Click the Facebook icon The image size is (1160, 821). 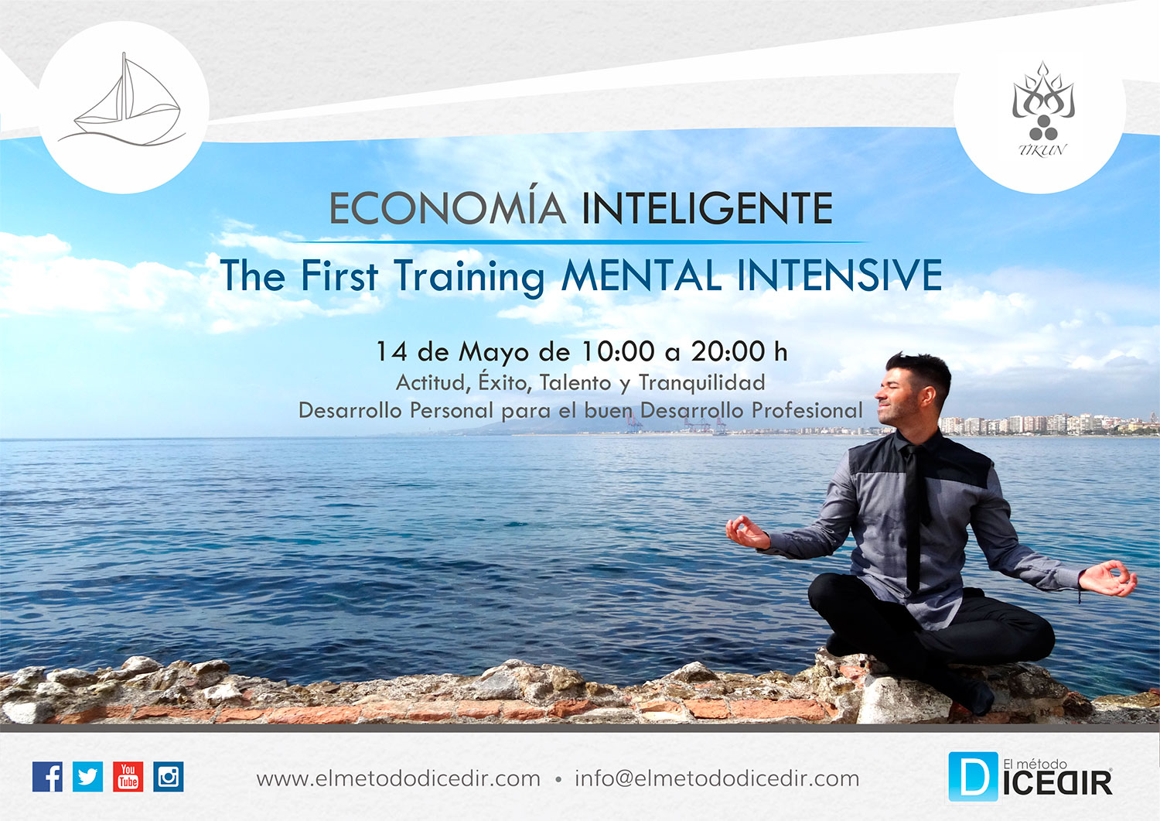point(48,776)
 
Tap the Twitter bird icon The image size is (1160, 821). point(87,776)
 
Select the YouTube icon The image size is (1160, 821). point(128,776)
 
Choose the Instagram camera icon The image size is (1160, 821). point(169,776)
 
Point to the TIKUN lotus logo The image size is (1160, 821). point(1043,109)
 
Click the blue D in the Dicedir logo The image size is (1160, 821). point(973,776)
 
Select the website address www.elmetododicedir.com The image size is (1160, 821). point(398,778)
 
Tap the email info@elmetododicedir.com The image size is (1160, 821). point(717,778)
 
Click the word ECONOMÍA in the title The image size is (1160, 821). point(448,207)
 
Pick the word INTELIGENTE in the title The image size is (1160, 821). point(708,208)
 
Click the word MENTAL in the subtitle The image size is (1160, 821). point(642,275)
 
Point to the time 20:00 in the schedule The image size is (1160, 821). point(728,351)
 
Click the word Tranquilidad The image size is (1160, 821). point(701,384)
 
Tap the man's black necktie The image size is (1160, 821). point(915,518)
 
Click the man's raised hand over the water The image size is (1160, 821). point(747,532)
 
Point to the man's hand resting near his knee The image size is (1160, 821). point(1108,579)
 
